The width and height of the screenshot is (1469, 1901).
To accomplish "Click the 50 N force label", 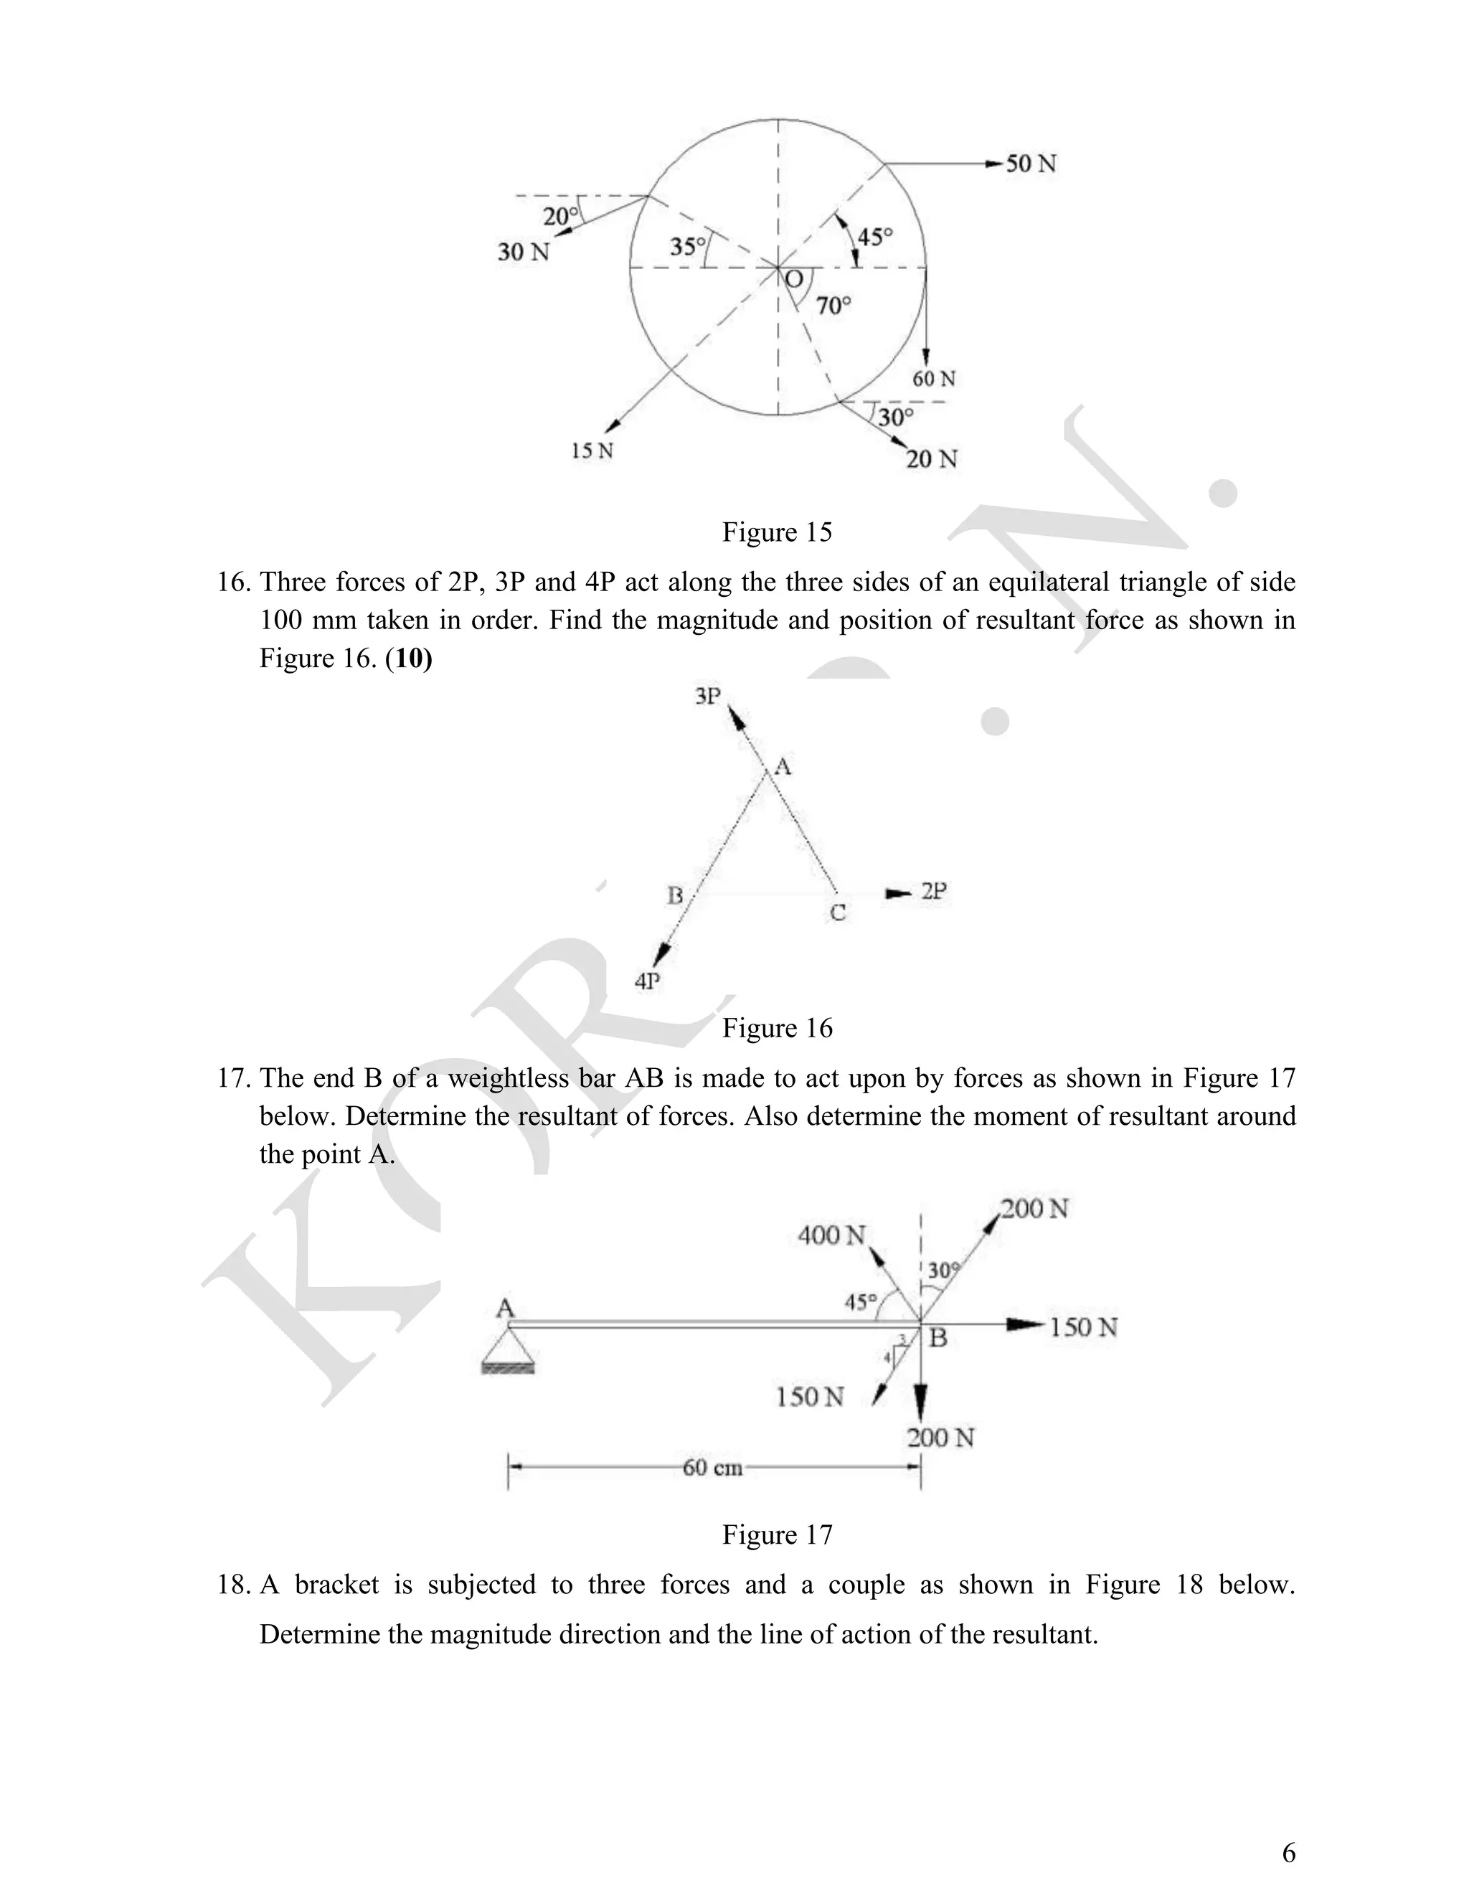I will [x=1031, y=164].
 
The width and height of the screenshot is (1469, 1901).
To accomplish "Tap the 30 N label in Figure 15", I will [x=523, y=253].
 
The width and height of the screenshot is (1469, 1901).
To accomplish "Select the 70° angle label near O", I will [x=833, y=306].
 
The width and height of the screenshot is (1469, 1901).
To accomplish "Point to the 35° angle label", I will [x=687, y=247].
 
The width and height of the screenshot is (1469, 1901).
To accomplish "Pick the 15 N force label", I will [x=592, y=451].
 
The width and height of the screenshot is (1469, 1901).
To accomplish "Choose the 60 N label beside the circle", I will [x=934, y=379].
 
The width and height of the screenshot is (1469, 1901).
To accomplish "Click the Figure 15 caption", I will [x=777, y=532].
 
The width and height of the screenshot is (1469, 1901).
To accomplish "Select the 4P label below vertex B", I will [x=648, y=982].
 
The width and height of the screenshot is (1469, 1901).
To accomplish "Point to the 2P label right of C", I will [x=934, y=891].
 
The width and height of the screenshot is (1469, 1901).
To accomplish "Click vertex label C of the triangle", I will [x=837, y=913].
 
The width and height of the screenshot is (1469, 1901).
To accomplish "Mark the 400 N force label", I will [x=832, y=1235].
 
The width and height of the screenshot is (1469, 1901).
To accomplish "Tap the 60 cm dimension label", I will [x=712, y=1468].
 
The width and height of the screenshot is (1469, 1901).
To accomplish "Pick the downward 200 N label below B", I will [x=940, y=1438].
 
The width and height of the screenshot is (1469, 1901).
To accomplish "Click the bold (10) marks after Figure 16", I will [x=408, y=658].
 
